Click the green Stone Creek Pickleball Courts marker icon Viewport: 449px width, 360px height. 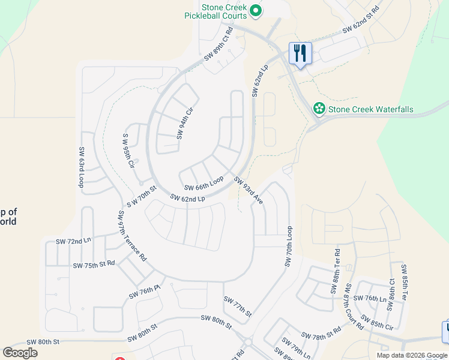256,10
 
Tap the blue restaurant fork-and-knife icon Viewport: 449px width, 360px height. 300,53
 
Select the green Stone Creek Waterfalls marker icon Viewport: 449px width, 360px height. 319,109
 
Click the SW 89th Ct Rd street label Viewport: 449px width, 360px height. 218,44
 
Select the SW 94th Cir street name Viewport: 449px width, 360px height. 185,122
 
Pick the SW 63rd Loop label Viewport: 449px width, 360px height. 80,167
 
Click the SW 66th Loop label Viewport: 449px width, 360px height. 203,183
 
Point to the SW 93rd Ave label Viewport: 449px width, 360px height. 249,190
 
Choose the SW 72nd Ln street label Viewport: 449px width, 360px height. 73,241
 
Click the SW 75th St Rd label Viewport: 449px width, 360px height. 94,265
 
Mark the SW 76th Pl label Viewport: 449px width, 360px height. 145,292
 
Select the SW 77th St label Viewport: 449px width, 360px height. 237,306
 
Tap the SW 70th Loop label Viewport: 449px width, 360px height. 289,247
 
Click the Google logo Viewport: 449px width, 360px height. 20,352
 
